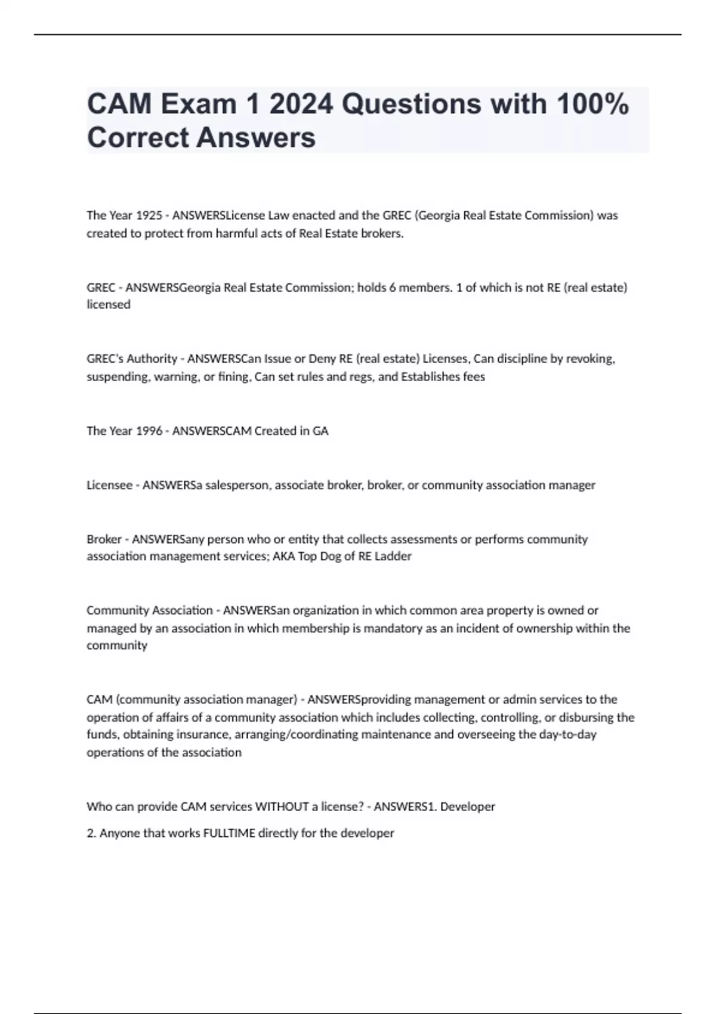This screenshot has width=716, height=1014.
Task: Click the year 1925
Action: click(x=149, y=215)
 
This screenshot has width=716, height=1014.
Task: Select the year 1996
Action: click(x=149, y=431)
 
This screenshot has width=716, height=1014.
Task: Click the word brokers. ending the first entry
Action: click(x=382, y=233)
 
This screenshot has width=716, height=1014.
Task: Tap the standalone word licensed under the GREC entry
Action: click(x=109, y=304)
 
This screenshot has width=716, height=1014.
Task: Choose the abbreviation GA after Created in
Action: click(x=320, y=431)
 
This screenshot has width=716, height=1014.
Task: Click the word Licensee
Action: click(x=109, y=485)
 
